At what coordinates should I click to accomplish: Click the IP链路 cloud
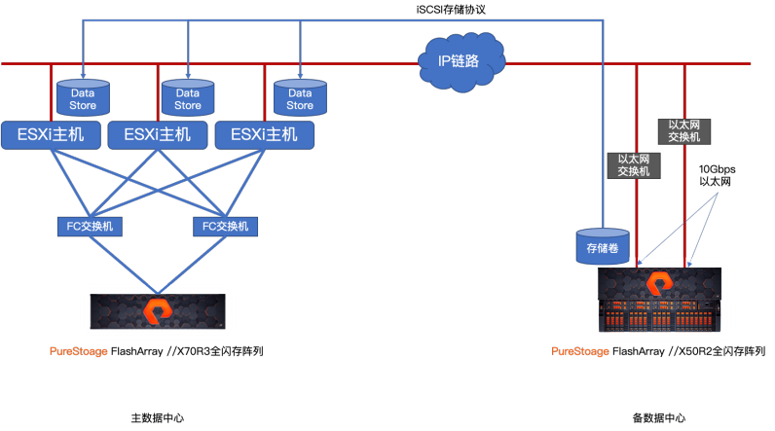pos(461,62)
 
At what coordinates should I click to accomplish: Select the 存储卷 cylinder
pos(603,246)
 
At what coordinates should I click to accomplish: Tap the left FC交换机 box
pos(90,227)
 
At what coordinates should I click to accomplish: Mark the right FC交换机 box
pos(225,227)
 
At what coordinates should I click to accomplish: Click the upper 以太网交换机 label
pos(684,131)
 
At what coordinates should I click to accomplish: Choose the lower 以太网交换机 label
pos(633,165)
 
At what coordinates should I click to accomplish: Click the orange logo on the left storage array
pos(157,311)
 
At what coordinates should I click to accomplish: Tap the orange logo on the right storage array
pos(660,284)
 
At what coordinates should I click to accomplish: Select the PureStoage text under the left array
pos(79,351)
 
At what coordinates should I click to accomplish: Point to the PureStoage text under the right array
pos(580,351)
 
